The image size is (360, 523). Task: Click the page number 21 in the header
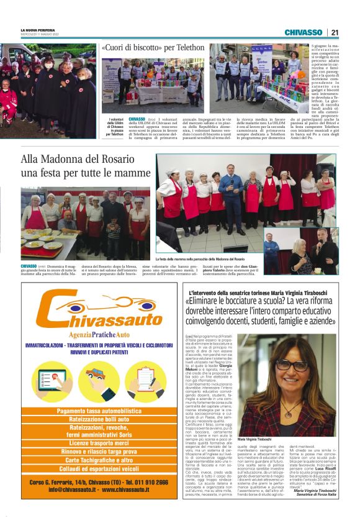pyautogui.click(x=335, y=32)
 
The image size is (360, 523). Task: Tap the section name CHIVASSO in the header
pyautogui.click(x=303, y=32)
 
